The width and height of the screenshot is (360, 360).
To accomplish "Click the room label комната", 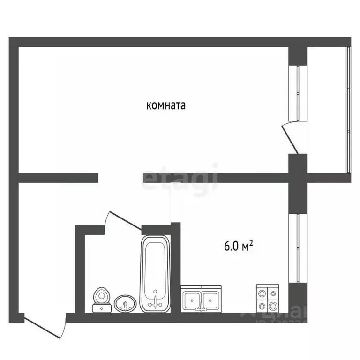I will [166, 106].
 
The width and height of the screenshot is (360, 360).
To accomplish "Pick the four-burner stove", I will [268, 299].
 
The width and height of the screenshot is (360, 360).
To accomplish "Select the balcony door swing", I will [288, 137].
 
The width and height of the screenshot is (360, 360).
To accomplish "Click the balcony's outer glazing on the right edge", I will [348, 110].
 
